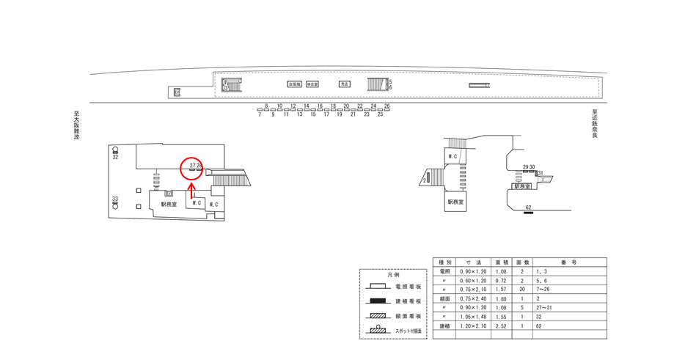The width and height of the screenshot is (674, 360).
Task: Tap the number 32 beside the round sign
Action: pyautogui.click(x=115, y=157)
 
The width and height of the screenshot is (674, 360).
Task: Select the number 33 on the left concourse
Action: pyautogui.click(x=115, y=199)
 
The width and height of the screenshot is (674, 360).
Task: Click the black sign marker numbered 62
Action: pyautogui.click(x=528, y=213)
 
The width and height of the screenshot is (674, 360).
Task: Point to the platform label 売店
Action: pyautogui.click(x=345, y=84)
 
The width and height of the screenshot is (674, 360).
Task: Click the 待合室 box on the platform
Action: pyautogui.click(x=312, y=84)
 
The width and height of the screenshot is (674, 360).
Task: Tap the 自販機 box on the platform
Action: pyautogui.click(x=294, y=84)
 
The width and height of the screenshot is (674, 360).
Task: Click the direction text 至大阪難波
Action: pyautogui.click(x=76, y=125)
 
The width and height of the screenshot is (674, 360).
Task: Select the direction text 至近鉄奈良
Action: pyautogui.click(x=596, y=125)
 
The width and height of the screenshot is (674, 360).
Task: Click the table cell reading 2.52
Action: pyautogui.click(x=501, y=326)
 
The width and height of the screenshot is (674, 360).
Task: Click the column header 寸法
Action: pyautogui.click(x=468, y=262)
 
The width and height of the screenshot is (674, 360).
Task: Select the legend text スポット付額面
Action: pyautogui.click(x=408, y=331)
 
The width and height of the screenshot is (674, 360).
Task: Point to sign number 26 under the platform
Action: pyautogui.click(x=387, y=106)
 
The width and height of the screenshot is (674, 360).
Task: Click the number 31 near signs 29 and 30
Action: pyautogui.click(x=540, y=174)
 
